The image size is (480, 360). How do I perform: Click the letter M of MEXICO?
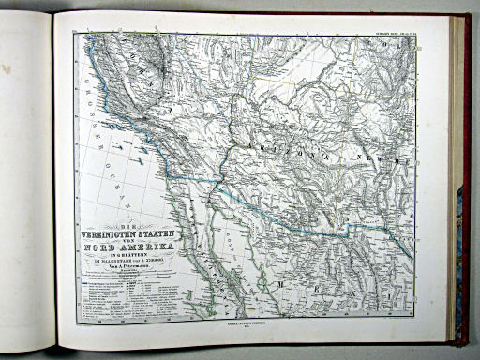[x=279, y=282]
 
